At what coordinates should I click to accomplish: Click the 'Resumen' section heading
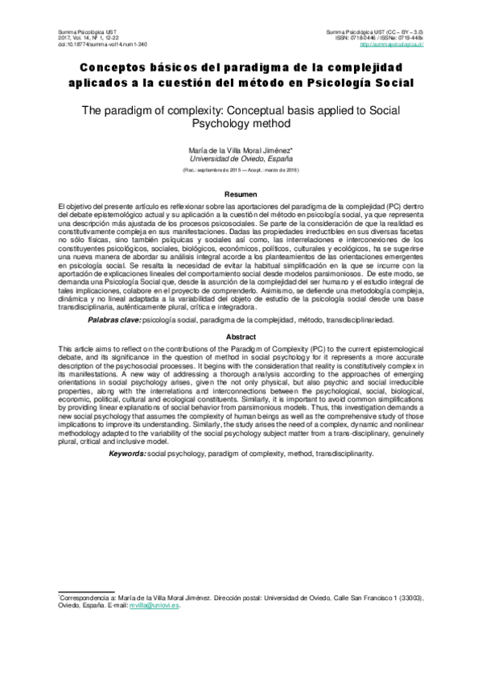click(241, 195)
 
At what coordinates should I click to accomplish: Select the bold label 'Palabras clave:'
click(113, 321)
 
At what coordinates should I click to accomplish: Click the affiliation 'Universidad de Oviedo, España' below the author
click(241, 160)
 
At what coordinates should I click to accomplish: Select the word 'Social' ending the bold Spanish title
click(393, 83)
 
